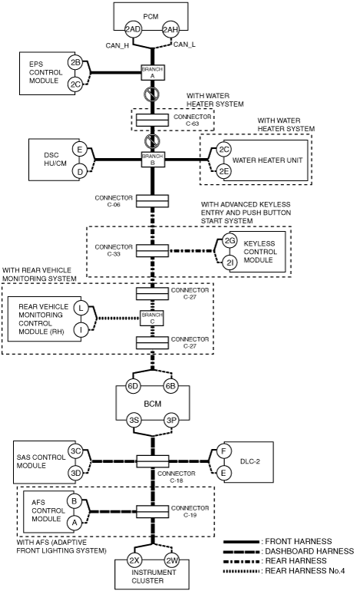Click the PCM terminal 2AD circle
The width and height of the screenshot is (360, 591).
[133, 29]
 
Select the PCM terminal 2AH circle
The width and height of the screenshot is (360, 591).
[170, 29]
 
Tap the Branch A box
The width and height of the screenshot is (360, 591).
[152, 72]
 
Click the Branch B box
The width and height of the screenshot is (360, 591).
[152, 160]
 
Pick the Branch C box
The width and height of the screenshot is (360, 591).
[152, 318]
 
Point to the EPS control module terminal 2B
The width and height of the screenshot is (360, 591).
[75, 63]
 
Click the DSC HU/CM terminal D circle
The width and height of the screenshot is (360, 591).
[80, 172]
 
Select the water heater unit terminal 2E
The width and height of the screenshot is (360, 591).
[224, 171]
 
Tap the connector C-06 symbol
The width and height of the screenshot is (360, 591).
[152, 201]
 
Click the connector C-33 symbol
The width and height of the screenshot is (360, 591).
[152, 250]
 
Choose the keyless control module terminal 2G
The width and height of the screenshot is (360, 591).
[230, 240]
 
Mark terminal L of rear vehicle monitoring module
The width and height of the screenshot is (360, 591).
[81, 308]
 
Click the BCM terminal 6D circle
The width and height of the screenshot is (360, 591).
[133, 387]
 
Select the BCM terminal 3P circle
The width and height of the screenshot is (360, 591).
[170, 421]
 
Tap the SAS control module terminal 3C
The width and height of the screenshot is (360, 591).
[75, 451]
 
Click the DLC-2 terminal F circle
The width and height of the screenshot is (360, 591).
[223, 451]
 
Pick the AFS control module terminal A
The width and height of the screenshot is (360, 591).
[74, 523]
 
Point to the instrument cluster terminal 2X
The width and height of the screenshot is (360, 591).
[134, 560]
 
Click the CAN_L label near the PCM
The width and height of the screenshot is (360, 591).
[184, 45]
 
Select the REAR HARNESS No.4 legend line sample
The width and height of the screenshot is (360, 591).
[241, 571]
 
